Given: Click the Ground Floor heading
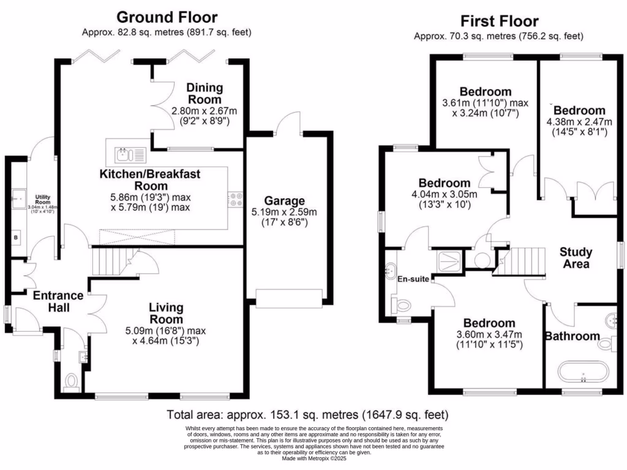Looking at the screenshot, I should coord(167,17).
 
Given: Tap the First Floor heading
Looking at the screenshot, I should coord(501,22).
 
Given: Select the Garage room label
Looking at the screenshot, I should coord(284,201).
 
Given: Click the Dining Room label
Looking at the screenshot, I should coord(205,93).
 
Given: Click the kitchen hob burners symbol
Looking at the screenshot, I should coord(235,200).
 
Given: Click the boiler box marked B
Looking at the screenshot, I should coord(15,236).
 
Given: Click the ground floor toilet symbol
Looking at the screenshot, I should coord(71,382).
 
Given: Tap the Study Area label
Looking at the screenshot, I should coord(576,258).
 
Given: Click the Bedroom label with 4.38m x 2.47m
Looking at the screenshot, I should coord(579,111).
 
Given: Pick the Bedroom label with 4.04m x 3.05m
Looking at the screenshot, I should coord(445,183).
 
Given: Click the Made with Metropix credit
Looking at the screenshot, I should coord(313,458).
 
